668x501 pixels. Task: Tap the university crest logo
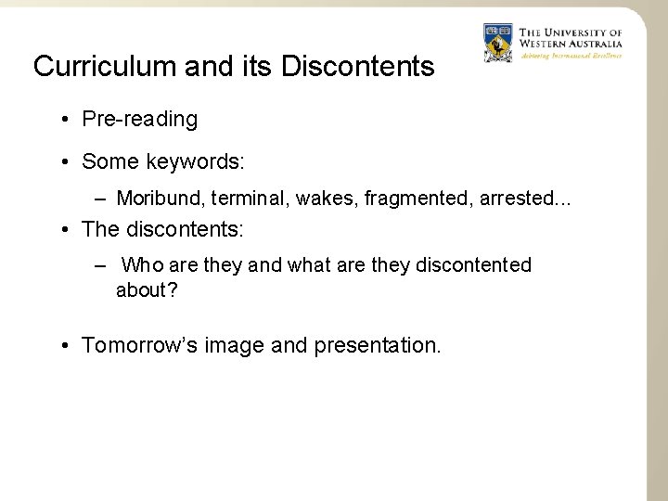point(498,43)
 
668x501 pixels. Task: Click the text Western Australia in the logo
point(571,44)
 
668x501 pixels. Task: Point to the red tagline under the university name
point(571,56)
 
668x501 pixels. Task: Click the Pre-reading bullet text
point(139,119)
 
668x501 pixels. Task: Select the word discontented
point(473,265)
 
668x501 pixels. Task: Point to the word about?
point(147,290)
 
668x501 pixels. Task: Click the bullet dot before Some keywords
point(68,162)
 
